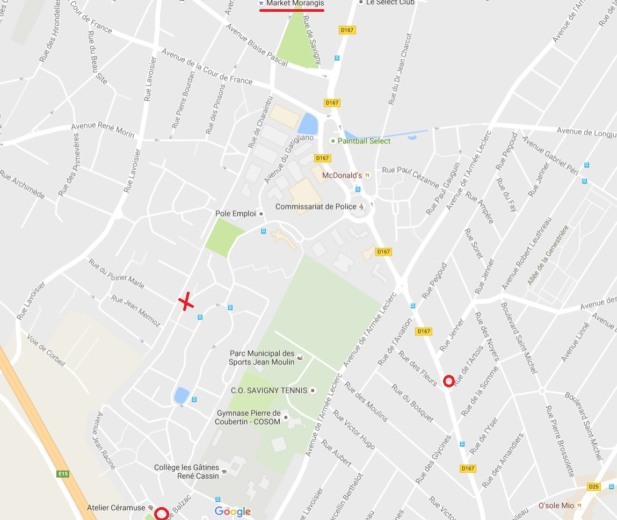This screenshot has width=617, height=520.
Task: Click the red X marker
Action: click(x=186, y=301)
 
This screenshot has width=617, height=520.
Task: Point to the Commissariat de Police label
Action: click(x=316, y=207)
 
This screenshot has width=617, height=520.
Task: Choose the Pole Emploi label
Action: click(x=235, y=213)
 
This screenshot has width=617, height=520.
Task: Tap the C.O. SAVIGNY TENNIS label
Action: click(x=269, y=391)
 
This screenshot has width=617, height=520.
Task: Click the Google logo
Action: click(x=233, y=511)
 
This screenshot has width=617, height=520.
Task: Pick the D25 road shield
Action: click(x=593, y=487)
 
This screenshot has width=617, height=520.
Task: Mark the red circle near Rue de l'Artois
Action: click(x=449, y=381)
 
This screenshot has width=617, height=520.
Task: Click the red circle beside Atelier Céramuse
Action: click(x=161, y=514)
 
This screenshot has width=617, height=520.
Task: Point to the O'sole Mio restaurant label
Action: click(x=556, y=505)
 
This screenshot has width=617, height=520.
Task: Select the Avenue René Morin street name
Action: click(x=103, y=130)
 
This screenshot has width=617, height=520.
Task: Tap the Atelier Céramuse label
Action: click(x=116, y=508)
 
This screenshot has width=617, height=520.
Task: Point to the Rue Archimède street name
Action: click(x=22, y=185)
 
